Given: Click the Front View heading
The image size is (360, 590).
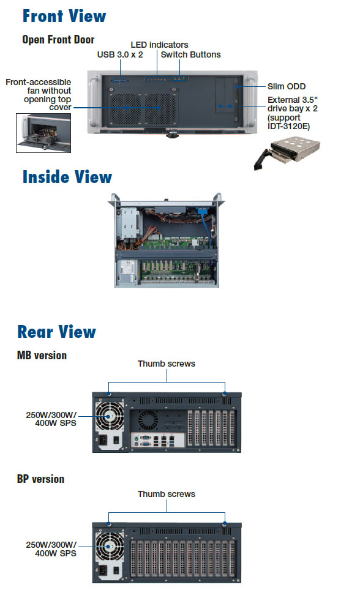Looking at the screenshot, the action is (x=64, y=16).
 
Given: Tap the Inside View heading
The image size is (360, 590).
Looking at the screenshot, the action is (x=67, y=177).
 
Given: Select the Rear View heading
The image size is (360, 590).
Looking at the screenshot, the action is (x=56, y=332).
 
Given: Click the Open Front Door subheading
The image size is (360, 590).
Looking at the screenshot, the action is (x=58, y=40).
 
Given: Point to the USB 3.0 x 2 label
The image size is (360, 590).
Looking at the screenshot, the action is (x=120, y=54).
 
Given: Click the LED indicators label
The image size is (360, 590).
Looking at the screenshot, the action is (x=159, y=45).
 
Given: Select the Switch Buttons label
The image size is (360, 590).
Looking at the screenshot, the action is (x=190, y=54).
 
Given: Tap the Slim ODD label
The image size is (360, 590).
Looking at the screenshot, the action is (x=287, y=86).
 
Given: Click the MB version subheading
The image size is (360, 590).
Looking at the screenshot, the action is (x=42, y=355).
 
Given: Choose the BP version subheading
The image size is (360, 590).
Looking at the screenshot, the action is (x=40, y=479).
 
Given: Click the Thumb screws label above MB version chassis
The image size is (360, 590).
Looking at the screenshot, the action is (x=167, y=364).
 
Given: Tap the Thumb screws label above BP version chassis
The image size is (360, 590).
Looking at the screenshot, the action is (x=167, y=494).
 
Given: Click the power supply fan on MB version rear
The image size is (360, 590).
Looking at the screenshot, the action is (x=110, y=416).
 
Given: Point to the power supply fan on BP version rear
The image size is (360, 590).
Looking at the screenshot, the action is (x=110, y=547).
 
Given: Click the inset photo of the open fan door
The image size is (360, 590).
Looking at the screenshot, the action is (x=43, y=133).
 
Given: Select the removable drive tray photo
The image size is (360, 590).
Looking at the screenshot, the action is (x=287, y=152).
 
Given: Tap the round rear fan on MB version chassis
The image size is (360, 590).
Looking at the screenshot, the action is (x=148, y=420).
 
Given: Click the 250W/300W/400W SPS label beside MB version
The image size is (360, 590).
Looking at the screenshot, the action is (x=51, y=419).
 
